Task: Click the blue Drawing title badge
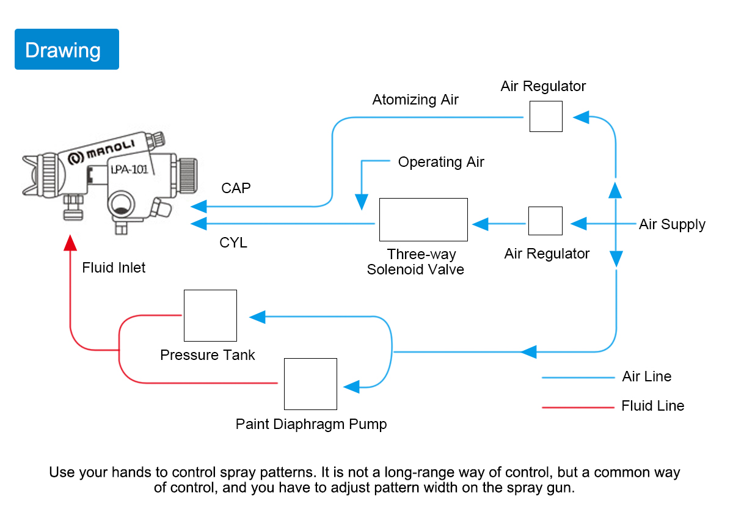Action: click(x=67, y=49)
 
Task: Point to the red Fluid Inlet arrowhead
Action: click(x=70, y=243)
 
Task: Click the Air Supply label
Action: click(x=672, y=225)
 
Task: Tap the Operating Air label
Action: click(x=441, y=162)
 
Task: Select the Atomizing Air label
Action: click(x=415, y=100)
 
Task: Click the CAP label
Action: click(x=236, y=188)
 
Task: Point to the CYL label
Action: click(x=233, y=243)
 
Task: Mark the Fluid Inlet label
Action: click(x=114, y=268)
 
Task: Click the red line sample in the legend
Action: click(x=578, y=408)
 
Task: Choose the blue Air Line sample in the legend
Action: click(x=578, y=378)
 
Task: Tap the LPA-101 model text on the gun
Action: click(x=129, y=170)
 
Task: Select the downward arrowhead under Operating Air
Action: click(x=362, y=202)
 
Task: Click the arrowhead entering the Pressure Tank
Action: click(x=257, y=317)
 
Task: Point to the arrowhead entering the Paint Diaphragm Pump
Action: click(x=351, y=387)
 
